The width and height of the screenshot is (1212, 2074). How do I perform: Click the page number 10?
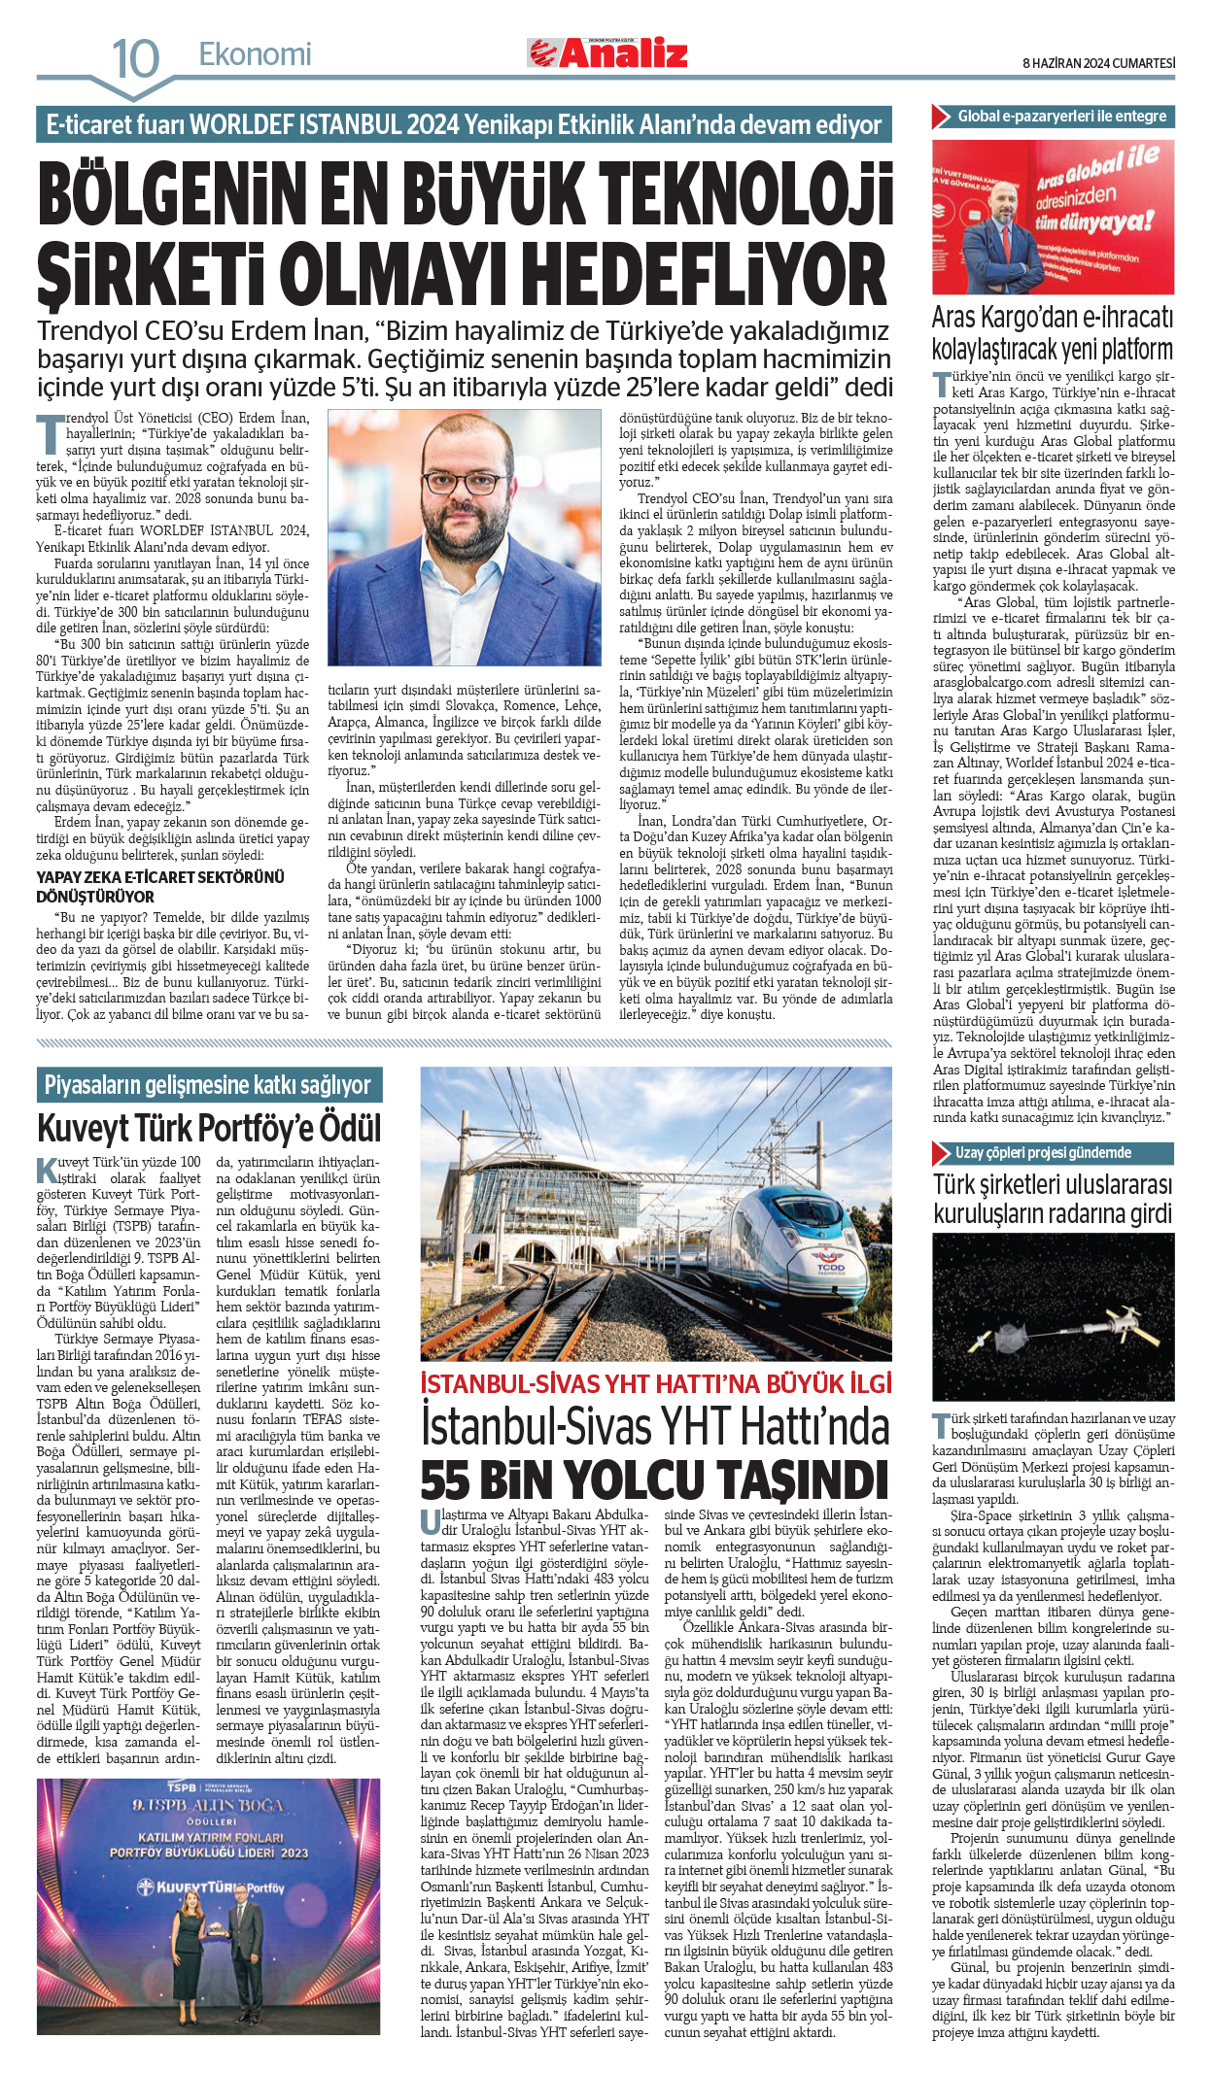(135, 58)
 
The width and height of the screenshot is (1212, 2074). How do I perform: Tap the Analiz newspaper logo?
(607, 53)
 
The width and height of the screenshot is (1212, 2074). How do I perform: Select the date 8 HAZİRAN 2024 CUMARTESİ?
(1098, 63)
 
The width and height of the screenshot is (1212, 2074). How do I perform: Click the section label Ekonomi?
(255, 54)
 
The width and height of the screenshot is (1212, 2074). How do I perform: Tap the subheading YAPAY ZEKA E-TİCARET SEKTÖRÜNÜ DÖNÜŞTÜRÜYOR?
(160, 887)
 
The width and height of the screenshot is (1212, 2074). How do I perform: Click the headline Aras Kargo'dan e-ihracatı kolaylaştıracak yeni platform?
(1053, 333)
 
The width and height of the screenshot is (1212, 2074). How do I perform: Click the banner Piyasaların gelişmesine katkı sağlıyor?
(208, 1085)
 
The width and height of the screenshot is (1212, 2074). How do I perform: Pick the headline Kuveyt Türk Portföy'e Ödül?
(209, 1129)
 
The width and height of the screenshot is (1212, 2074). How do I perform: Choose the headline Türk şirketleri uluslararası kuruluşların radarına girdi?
(1053, 1199)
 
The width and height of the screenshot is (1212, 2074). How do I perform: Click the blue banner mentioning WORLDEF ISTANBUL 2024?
(464, 125)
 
